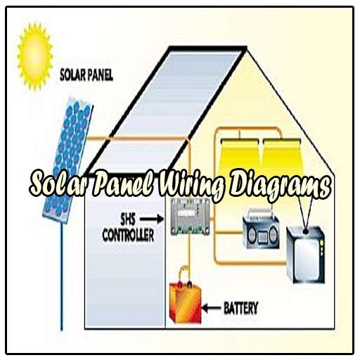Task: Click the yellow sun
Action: pyautogui.click(x=35, y=56)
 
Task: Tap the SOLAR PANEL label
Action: pyautogui.click(x=86, y=75)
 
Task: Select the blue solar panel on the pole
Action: pyautogui.click(x=67, y=160)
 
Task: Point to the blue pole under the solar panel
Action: pyautogui.click(x=62, y=277)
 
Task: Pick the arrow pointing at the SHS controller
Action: pyautogui.click(x=152, y=219)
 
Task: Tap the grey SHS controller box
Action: pyautogui.click(x=190, y=217)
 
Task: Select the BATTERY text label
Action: pyautogui.click(x=241, y=308)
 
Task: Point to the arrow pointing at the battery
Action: pyautogui.click(x=211, y=308)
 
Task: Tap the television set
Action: pyautogui.click(x=306, y=255)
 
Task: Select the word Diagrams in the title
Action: pyautogui.click(x=279, y=186)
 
